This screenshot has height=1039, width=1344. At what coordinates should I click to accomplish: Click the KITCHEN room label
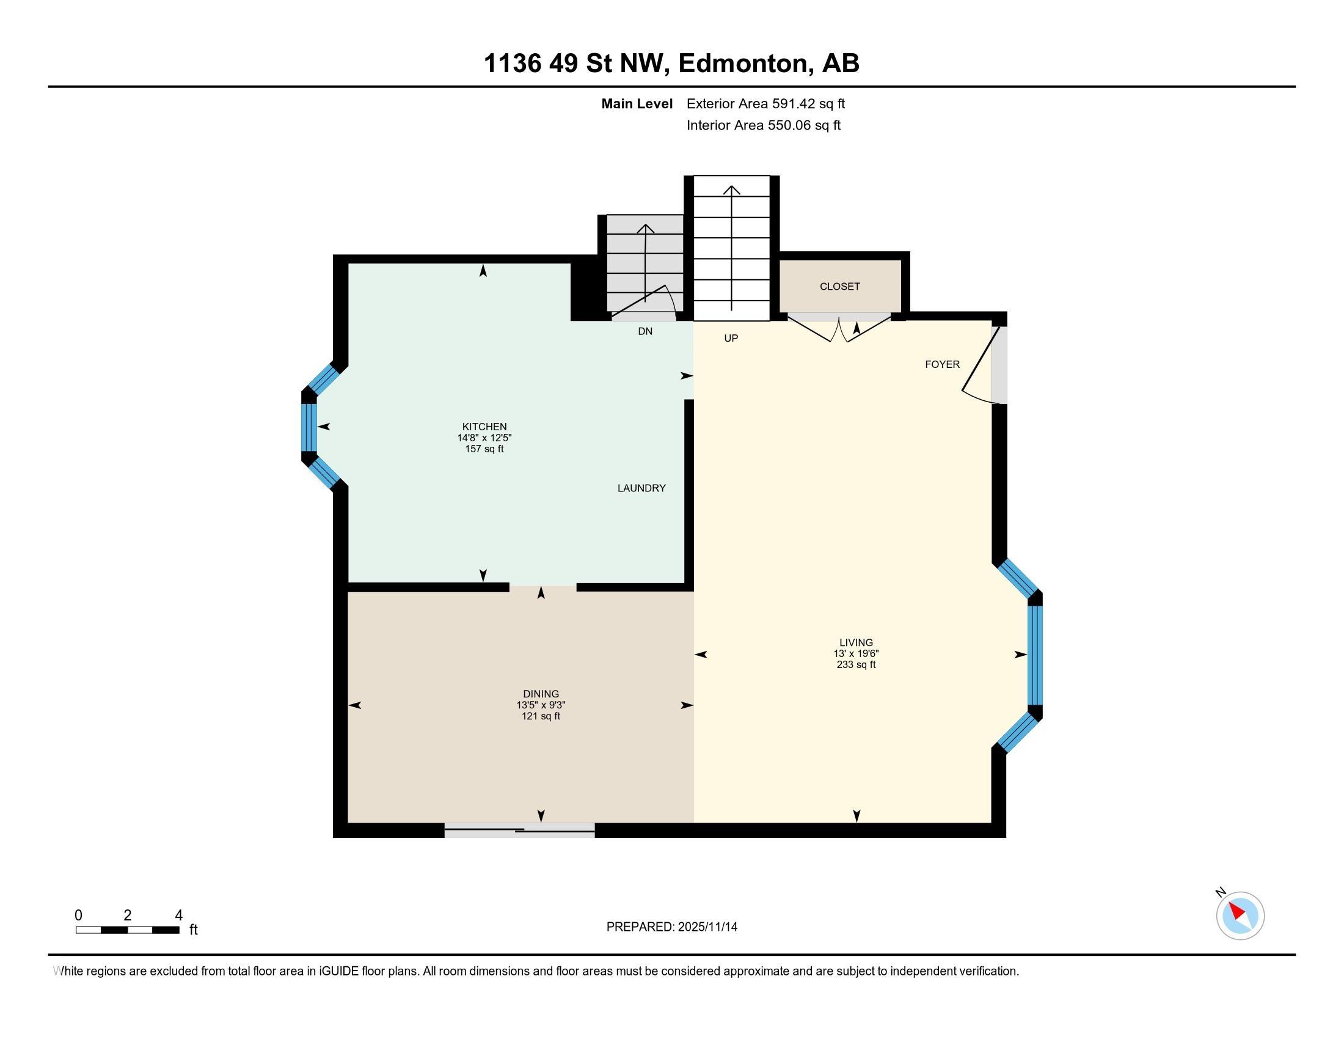(x=484, y=427)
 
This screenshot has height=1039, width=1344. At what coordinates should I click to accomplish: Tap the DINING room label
(x=541, y=694)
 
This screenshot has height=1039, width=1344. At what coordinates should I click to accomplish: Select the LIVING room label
(x=856, y=642)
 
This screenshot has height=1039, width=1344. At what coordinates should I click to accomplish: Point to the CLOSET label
(x=840, y=286)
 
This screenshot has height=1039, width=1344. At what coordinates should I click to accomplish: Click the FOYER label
(x=942, y=364)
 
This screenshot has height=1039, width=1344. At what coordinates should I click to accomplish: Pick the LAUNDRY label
(x=641, y=488)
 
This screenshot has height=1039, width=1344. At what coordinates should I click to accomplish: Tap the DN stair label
(x=645, y=331)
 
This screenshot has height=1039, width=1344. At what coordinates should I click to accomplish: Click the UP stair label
(x=731, y=338)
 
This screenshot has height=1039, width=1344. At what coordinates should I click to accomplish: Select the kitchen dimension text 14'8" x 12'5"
(x=484, y=438)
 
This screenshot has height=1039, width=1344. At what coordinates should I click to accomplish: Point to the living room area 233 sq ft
(x=856, y=665)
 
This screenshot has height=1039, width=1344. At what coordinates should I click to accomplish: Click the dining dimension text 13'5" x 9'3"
(x=541, y=705)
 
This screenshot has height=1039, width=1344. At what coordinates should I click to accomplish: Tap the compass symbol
(x=1240, y=916)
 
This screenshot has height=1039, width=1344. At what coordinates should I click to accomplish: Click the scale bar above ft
(x=128, y=930)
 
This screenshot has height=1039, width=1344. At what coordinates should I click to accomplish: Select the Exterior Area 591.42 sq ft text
(x=765, y=103)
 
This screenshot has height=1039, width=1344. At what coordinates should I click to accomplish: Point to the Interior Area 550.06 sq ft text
(x=763, y=125)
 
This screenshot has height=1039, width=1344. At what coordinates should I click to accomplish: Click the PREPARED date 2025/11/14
(x=707, y=927)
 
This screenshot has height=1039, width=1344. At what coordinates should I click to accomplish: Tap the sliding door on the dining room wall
(x=519, y=831)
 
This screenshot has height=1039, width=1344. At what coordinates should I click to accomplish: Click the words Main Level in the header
(x=637, y=103)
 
